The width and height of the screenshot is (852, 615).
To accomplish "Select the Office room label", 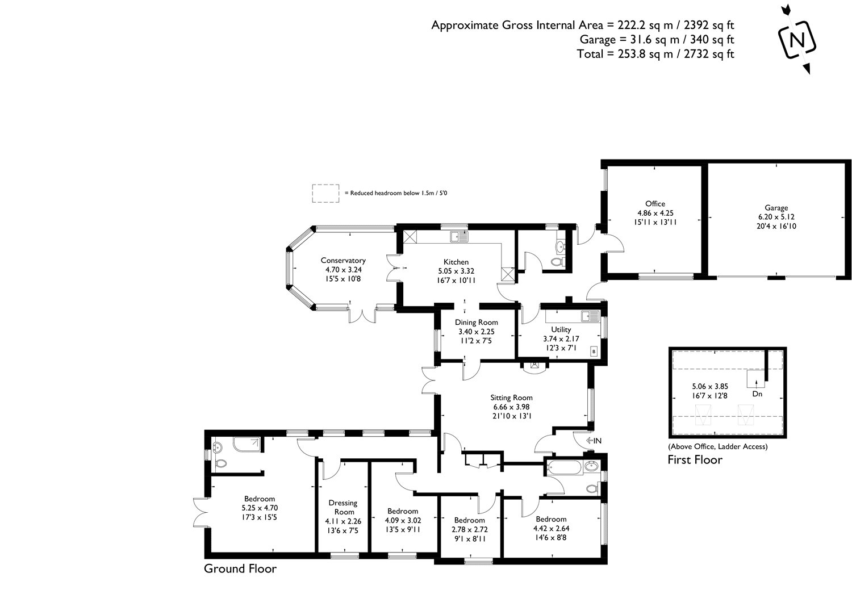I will tap(655, 204).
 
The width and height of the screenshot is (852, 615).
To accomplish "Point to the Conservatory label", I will tap(343, 261).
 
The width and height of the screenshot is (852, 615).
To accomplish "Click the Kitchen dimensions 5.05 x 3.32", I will tap(456, 271).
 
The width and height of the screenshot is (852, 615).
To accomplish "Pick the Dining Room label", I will tap(476, 323).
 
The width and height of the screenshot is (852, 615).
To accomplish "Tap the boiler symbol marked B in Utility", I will tap(594, 352).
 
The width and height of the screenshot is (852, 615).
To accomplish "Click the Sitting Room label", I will tap(512, 398).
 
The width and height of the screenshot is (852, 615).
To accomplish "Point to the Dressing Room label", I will tap(343, 507).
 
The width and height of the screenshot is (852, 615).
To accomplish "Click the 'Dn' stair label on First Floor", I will tap(757, 394).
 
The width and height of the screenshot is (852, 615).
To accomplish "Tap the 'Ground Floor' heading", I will tap(240, 568).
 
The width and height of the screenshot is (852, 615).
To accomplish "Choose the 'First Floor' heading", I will tap(695, 459).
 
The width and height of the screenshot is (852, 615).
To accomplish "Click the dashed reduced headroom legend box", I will tap(325, 193).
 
